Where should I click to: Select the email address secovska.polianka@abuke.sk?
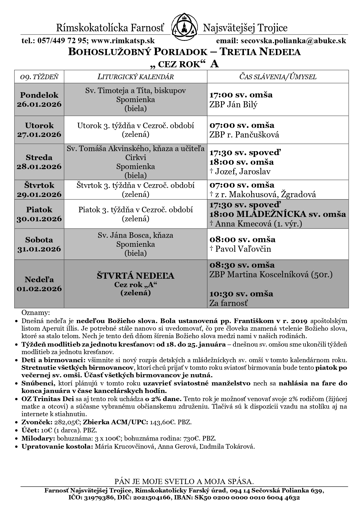tap(292, 41)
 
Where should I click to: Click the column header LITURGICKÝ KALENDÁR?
tap(135, 77)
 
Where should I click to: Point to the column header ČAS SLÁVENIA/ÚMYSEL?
tap(278, 77)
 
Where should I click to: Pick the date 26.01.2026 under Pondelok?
tap(39, 104)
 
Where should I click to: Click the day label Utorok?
tap(39, 126)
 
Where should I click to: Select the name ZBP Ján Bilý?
tap(233, 104)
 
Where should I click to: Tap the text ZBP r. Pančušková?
tap(244, 135)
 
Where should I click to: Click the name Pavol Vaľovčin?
tap(243, 249)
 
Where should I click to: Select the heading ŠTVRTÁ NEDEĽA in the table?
tap(135, 276)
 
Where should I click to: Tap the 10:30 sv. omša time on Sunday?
tap(241, 294)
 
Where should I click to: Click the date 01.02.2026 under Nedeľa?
tap(39, 289)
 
